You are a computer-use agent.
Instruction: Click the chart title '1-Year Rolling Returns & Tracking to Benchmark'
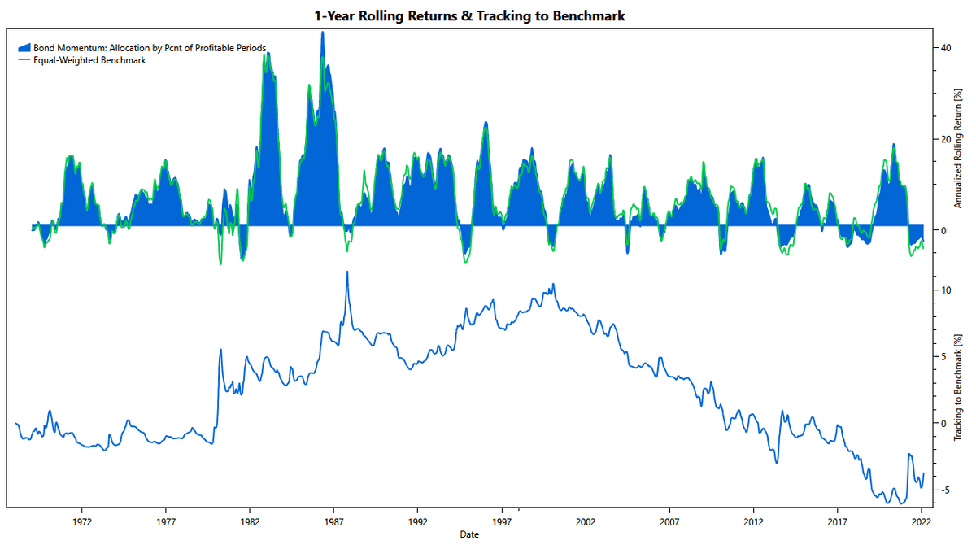coord(469,15)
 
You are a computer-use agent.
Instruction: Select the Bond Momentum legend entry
coord(150,48)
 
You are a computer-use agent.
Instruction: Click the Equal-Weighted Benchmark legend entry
coord(89,60)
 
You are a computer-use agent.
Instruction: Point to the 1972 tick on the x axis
coord(81,521)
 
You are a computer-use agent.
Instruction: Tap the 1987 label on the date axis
coord(333,521)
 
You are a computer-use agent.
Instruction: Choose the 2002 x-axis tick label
coord(586,521)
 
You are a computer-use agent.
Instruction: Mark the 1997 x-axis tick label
coord(502,521)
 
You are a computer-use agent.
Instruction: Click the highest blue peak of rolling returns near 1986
coord(323,33)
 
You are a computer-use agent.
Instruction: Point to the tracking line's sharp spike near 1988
coord(347,272)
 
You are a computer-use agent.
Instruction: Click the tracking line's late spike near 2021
coord(909,454)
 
